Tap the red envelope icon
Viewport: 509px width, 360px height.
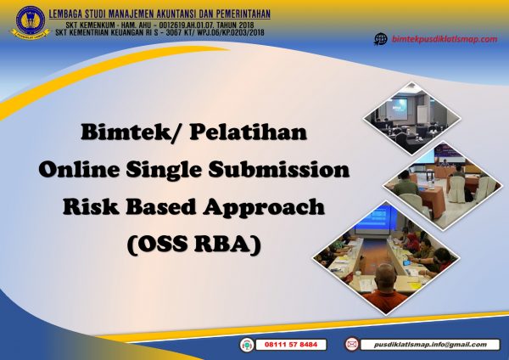(351, 345)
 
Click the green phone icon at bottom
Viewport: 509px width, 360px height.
(247, 345)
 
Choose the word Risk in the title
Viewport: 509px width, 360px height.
(84, 207)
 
